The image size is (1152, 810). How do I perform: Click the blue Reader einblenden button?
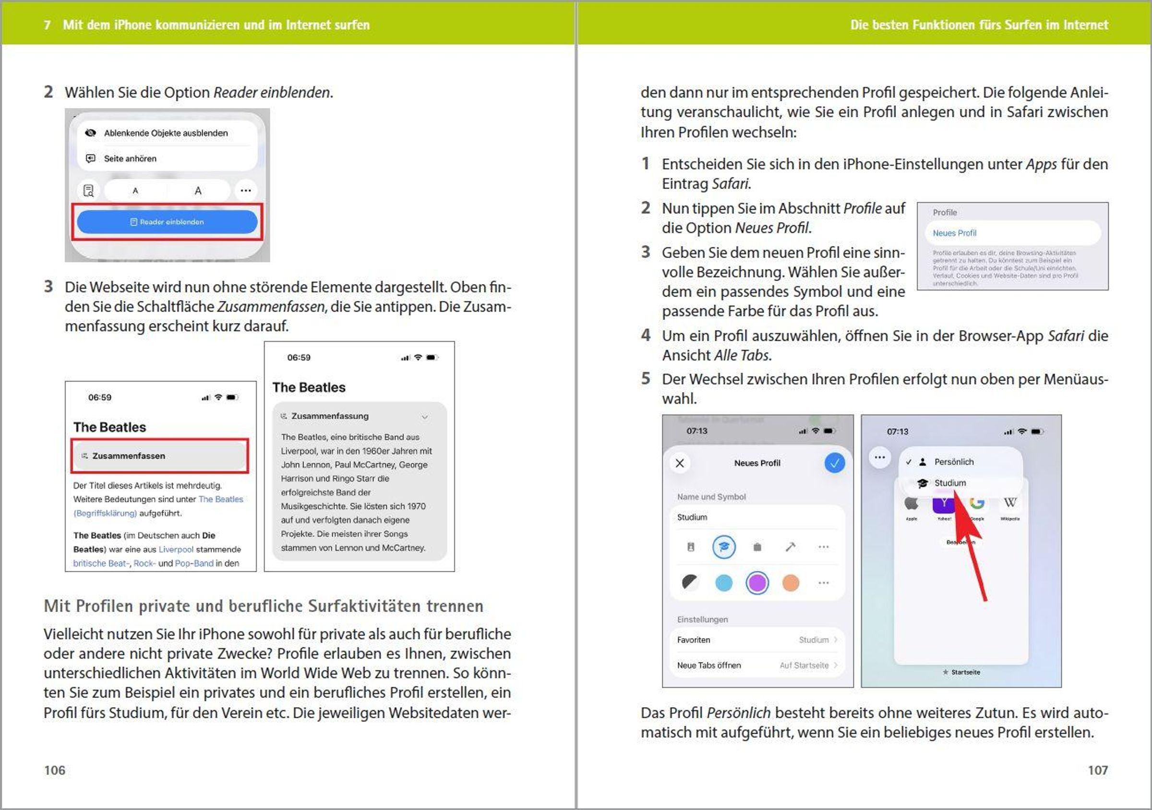tap(167, 222)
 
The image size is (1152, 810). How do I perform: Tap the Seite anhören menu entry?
tap(130, 158)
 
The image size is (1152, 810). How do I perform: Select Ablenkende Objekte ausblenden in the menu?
tap(166, 133)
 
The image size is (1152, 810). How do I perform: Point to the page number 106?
tap(55, 770)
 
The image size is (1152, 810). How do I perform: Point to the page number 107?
tap(1097, 770)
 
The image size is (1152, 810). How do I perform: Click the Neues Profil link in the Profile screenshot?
tap(954, 233)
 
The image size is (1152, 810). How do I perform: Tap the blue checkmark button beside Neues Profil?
tap(834, 463)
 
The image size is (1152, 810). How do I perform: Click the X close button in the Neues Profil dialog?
tap(680, 463)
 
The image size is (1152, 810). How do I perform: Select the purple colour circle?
tap(756, 583)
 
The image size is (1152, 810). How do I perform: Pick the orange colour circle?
tap(790, 583)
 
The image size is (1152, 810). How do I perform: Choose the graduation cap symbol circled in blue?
tap(723, 546)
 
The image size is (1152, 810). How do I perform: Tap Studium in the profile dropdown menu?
tap(949, 483)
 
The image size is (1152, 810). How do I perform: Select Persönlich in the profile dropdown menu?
tap(953, 462)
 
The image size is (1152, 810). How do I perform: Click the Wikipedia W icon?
tap(1009, 503)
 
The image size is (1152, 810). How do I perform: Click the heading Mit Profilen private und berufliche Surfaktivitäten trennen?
tap(264, 606)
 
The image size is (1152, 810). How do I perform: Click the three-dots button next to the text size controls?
tap(245, 191)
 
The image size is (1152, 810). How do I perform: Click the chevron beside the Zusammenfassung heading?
tap(424, 417)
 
